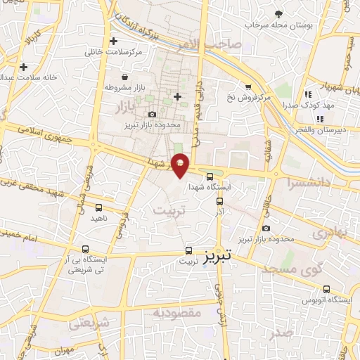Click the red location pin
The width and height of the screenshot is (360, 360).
point(181,164)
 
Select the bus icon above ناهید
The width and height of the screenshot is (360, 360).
point(99,207)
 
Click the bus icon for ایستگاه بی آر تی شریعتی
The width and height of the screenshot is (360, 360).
point(85,249)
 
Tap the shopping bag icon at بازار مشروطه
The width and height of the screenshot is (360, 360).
point(124,77)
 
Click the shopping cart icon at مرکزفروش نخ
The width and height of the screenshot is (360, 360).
point(247,86)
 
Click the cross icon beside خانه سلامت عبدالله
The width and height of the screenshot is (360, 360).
point(24,67)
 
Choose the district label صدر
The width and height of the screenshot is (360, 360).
point(281,332)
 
